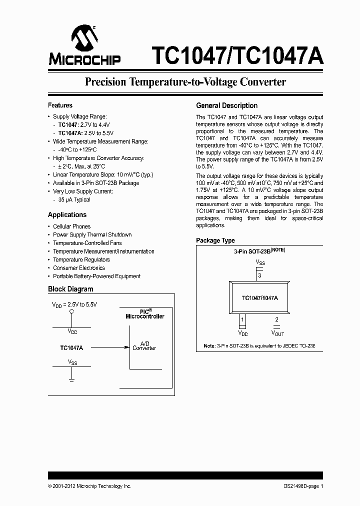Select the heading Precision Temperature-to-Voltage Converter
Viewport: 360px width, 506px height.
coord(185,82)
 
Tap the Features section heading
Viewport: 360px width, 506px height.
coord(60,105)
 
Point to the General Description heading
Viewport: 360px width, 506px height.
coord(226,105)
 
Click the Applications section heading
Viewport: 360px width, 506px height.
coord(67,214)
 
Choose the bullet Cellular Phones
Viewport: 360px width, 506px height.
coord(71,226)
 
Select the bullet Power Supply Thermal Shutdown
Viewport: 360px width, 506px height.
coord(92,234)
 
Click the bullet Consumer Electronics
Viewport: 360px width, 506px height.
coord(79,268)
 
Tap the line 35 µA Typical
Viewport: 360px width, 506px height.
coord(74,199)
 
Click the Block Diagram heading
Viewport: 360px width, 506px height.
coord(70,289)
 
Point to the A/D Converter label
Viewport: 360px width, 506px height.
coord(144,346)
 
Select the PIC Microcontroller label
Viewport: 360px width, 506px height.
coord(144,313)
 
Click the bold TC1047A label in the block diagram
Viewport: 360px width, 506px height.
coord(71,347)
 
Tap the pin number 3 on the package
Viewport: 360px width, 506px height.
coord(259,274)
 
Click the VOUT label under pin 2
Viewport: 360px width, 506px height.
coord(277,332)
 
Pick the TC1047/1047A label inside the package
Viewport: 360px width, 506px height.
coord(259,297)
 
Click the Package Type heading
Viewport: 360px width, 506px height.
coord(215,240)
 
